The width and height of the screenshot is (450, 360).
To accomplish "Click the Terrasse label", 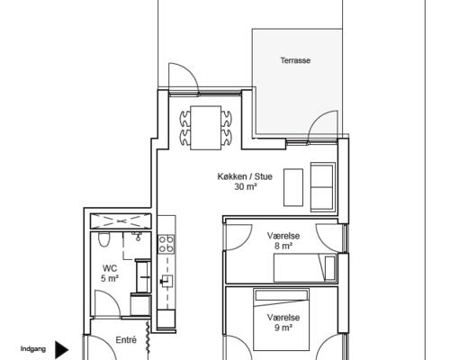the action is [295, 60].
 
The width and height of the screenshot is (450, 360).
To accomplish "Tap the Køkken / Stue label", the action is [245, 176].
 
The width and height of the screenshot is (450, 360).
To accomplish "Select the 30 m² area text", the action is [246, 187].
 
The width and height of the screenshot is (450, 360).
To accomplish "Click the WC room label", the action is [110, 268].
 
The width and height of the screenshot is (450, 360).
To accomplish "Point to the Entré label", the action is [126, 340].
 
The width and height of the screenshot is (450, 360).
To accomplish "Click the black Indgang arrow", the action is [62, 350].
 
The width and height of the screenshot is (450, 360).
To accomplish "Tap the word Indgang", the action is [33, 349].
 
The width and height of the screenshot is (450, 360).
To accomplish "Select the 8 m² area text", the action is [283, 247].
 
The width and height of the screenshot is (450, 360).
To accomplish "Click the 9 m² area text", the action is [283, 328].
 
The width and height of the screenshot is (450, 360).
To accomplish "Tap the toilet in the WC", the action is [104, 239].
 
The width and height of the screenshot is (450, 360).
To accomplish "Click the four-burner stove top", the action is [166, 244].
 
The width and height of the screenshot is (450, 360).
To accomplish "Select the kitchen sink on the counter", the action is [167, 281].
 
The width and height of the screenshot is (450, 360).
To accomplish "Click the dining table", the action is [206, 128].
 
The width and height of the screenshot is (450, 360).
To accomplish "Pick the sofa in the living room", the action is [323, 187].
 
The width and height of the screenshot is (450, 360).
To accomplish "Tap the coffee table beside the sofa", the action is [293, 187].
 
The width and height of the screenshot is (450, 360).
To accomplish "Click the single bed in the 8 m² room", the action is [305, 267].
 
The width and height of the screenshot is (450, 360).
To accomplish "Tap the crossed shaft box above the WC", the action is [121, 221].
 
